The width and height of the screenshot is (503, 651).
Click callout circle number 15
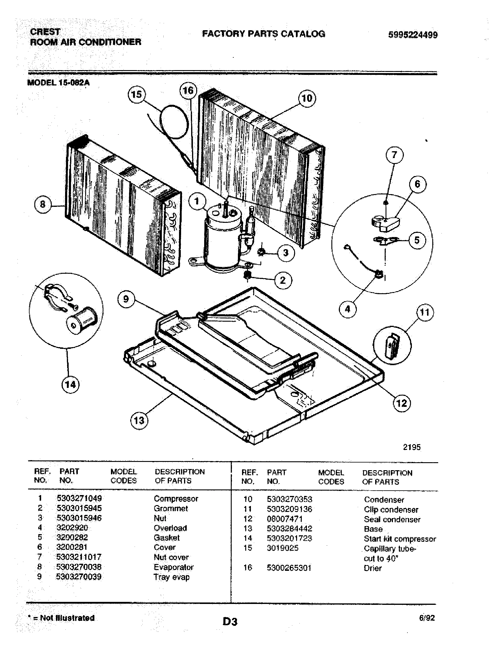(x=136, y=94)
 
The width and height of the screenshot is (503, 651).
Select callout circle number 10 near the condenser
(x=307, y=98)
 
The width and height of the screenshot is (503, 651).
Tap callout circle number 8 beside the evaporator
(x=43, y=204)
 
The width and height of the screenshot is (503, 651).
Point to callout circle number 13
(x=139, y=420)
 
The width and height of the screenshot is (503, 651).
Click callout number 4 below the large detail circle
(x=347, y=309)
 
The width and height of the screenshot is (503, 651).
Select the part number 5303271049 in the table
(x=79, y=498)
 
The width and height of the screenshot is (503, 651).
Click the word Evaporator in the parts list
(x=173, y=567)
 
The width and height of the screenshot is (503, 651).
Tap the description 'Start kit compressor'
(x=400, y=539)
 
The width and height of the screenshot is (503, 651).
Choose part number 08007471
(x=285, y=519)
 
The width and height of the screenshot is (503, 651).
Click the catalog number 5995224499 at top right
(x=413, y=35)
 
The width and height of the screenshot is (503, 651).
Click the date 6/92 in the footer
(x=427, y=618)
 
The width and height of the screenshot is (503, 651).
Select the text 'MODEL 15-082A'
(x=58, y=83)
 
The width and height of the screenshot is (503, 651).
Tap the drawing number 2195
(x=412, y=447)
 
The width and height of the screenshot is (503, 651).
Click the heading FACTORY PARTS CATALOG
(x=263, y=34)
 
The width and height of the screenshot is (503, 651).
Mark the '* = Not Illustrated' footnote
(x=61, y=618)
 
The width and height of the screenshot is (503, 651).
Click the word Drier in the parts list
(x=373, y=568)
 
